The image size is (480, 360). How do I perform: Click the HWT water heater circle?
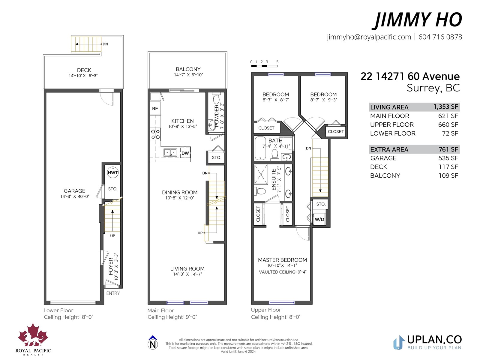pyautogui.click(x=112, y=172)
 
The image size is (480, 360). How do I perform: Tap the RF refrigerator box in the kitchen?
pyautogui.click(x=155, y=108)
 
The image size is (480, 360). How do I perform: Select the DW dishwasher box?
pyautogui.click(x=185, y=153)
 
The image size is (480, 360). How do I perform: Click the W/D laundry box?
pyautogui.click(x=319, y=219)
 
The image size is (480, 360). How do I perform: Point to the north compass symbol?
pyautogui.click(x=153, y=343)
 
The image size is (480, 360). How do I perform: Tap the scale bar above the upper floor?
pyautogui.click(x=264, y=66)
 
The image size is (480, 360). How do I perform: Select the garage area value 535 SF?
pyautogui.click(x=448, y=158)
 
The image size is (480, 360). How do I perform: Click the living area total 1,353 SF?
pyautogui.click(x=446, y=107)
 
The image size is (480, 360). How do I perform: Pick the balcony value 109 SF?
pyautogui.click(x=448, y=175)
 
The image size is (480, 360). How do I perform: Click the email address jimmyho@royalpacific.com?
pyautogui.click(x=369, y=37)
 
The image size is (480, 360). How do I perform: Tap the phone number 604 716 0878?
pyautogui.click(x=440, y=37)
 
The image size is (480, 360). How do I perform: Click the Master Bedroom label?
pyautogui.click(x=282, y=260)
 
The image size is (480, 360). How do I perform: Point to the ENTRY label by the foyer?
pyautogui.click(x=113, y=293)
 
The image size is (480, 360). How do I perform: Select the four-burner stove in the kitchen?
pyautogui.click(x=155, y=134)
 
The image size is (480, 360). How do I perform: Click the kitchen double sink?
pyautogui.click(x=170, y=152)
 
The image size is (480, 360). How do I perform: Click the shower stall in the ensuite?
pyautogui.click(x=261, y=174)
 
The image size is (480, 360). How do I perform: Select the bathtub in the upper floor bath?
pyautogui.click(x=260, y=148)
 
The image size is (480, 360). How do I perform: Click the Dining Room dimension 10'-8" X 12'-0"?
pyautogui.click(x=179, y=198)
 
